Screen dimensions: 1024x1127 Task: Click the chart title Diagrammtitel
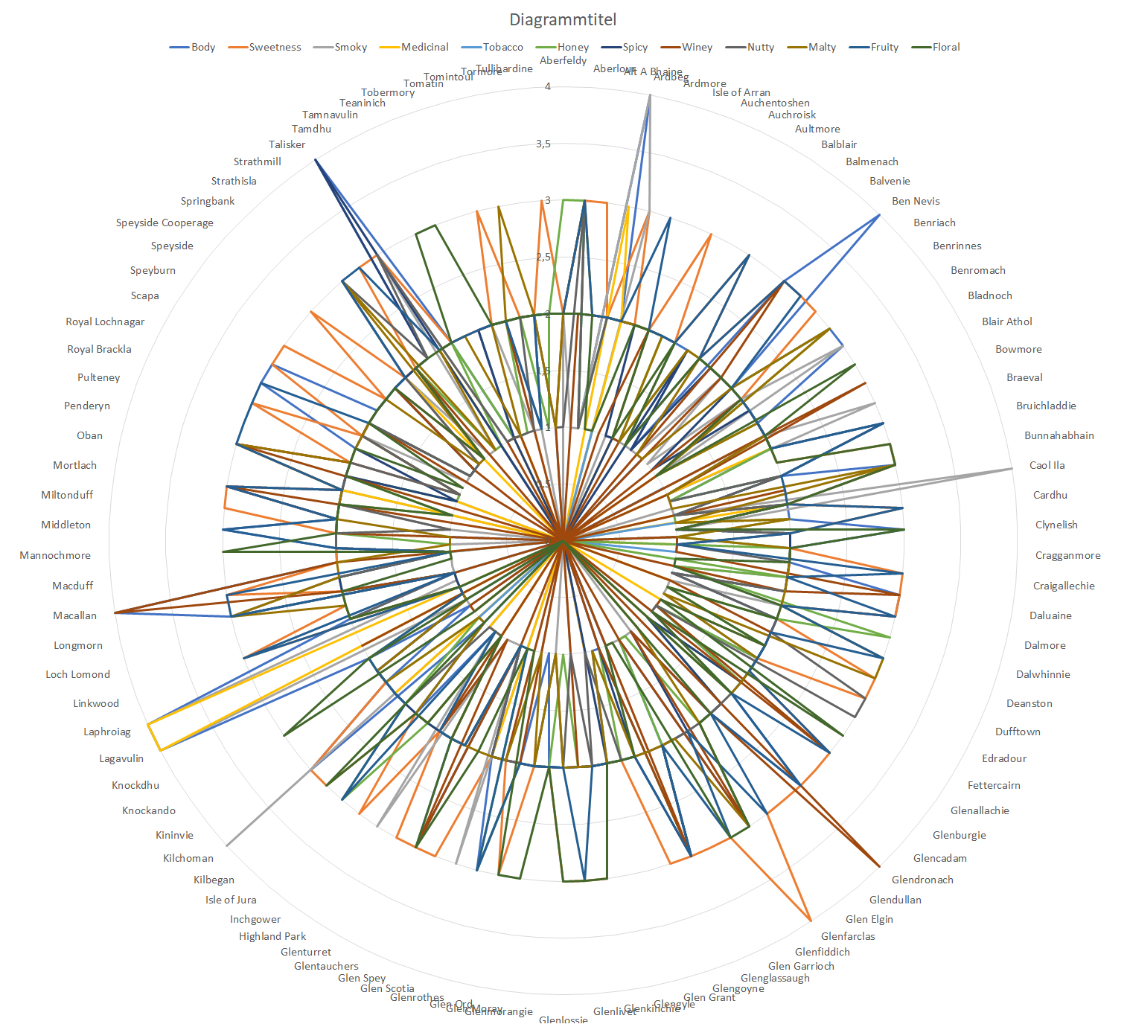click(x=563, y=19)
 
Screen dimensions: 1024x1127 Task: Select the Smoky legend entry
click(x=350, y=47)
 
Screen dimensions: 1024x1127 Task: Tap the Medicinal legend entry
click(x=424, y=47)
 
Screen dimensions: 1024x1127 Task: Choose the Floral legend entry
click(x=945, y=47)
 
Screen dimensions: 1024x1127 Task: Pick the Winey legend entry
click(x=697, y=47)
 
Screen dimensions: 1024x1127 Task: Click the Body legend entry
click(x=202, y=47)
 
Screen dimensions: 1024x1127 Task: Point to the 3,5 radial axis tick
click(x=543, y=144)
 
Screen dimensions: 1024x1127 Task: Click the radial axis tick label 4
click(x=548, y=86)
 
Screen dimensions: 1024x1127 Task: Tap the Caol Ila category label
click(x=1047, y=465)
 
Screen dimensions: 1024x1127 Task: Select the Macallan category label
click(x=74, y=615)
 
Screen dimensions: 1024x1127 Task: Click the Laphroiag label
click(x=106, y=732)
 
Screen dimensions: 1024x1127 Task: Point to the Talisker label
click(x=287, y=144)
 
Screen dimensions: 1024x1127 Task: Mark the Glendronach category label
click(x=922, y=880)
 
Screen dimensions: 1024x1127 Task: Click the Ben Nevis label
click(x=916, y=201)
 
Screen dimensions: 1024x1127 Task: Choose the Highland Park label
click(x=272, y=936)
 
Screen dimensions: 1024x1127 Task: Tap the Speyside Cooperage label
click(x=165, y=223)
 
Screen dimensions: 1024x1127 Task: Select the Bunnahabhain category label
click(x=1059, y=435)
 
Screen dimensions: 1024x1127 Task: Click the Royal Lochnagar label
click(x=105, y=321)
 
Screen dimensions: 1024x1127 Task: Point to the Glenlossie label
click(x=563, y=1019)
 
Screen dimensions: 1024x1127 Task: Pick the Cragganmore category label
click(x=1067, y=555)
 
